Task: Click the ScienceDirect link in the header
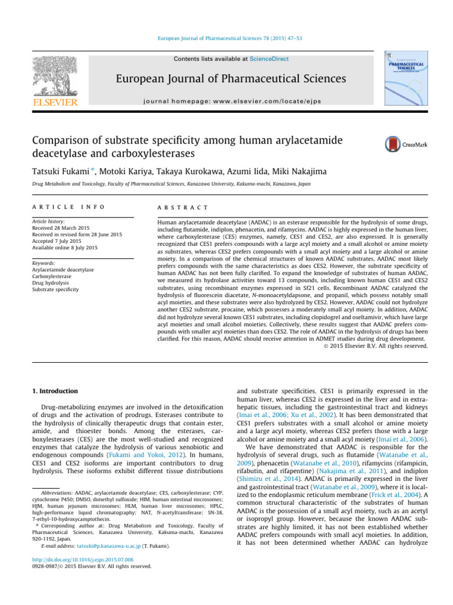click(247, 59)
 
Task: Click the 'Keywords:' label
click(44, 263)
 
